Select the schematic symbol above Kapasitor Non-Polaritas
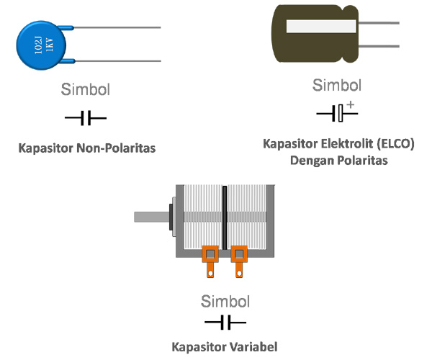click(86, 117)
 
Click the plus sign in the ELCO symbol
click(351, 105)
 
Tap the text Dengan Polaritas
click(338, 160)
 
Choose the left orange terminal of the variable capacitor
click(211, 261)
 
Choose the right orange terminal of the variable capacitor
click(238, 261)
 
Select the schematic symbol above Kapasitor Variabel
click(225, 322)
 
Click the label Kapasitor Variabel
click(225, 346)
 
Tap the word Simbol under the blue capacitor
click(86, 91)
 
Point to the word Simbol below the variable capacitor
click(225, 301)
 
